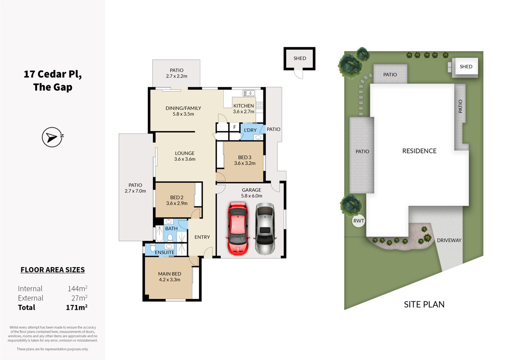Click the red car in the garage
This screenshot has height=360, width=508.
click(238, 228)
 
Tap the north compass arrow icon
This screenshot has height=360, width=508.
click(52, 137)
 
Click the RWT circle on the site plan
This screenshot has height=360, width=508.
click(358, 221)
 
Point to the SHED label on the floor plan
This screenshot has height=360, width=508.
click(300, 59)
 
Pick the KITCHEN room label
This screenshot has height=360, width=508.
click(244, 106)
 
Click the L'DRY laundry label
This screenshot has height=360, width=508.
click(250, 130)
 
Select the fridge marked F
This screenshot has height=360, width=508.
click(235, 127)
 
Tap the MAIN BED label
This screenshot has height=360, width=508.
click(170, 274)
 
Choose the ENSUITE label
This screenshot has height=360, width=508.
click(165, 252)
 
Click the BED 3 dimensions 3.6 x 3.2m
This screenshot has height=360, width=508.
click(245, 163)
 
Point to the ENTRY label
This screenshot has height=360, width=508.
click(202, 237)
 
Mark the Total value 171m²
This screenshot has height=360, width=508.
click(76, 307)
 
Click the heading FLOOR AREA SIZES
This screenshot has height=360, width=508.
click(53, 270)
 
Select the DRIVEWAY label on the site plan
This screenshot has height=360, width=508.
click(449, 240)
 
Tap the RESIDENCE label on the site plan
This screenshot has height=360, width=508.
click(419, 151)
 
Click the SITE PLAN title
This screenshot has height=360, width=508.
click(424, 304)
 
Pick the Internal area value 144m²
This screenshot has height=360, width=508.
click(77, 288)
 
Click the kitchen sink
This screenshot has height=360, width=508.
click(249, 93)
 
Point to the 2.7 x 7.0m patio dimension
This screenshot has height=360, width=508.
click(135, 191)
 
